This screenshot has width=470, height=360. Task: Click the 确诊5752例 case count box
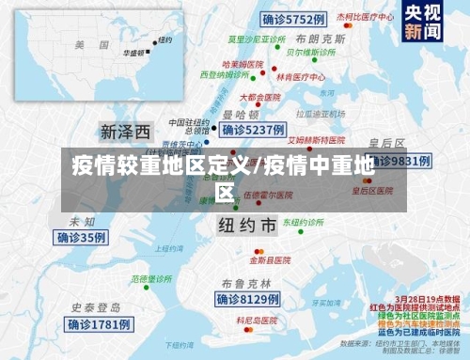pyautogui.click(x=292, y=19)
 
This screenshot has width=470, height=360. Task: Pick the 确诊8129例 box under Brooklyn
pyautogui.click(x=248, y=299)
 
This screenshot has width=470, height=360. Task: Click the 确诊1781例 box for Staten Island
pyautogui.click(x=99, y=324)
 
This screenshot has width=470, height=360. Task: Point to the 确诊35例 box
pyautogui.click(x=82, y=238)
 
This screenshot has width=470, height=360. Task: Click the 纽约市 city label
pyautogui.click(x=246, y=226)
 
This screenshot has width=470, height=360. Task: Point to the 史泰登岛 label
pyautogui.click(x=96, y=307)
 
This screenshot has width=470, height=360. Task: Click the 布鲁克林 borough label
pyautogui.click(x=246, y=283)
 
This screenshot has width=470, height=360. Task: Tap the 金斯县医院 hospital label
pyautogui.click(x=270, y=258)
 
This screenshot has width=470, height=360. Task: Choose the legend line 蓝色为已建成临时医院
pyautogui.click(x=419, y=333)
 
